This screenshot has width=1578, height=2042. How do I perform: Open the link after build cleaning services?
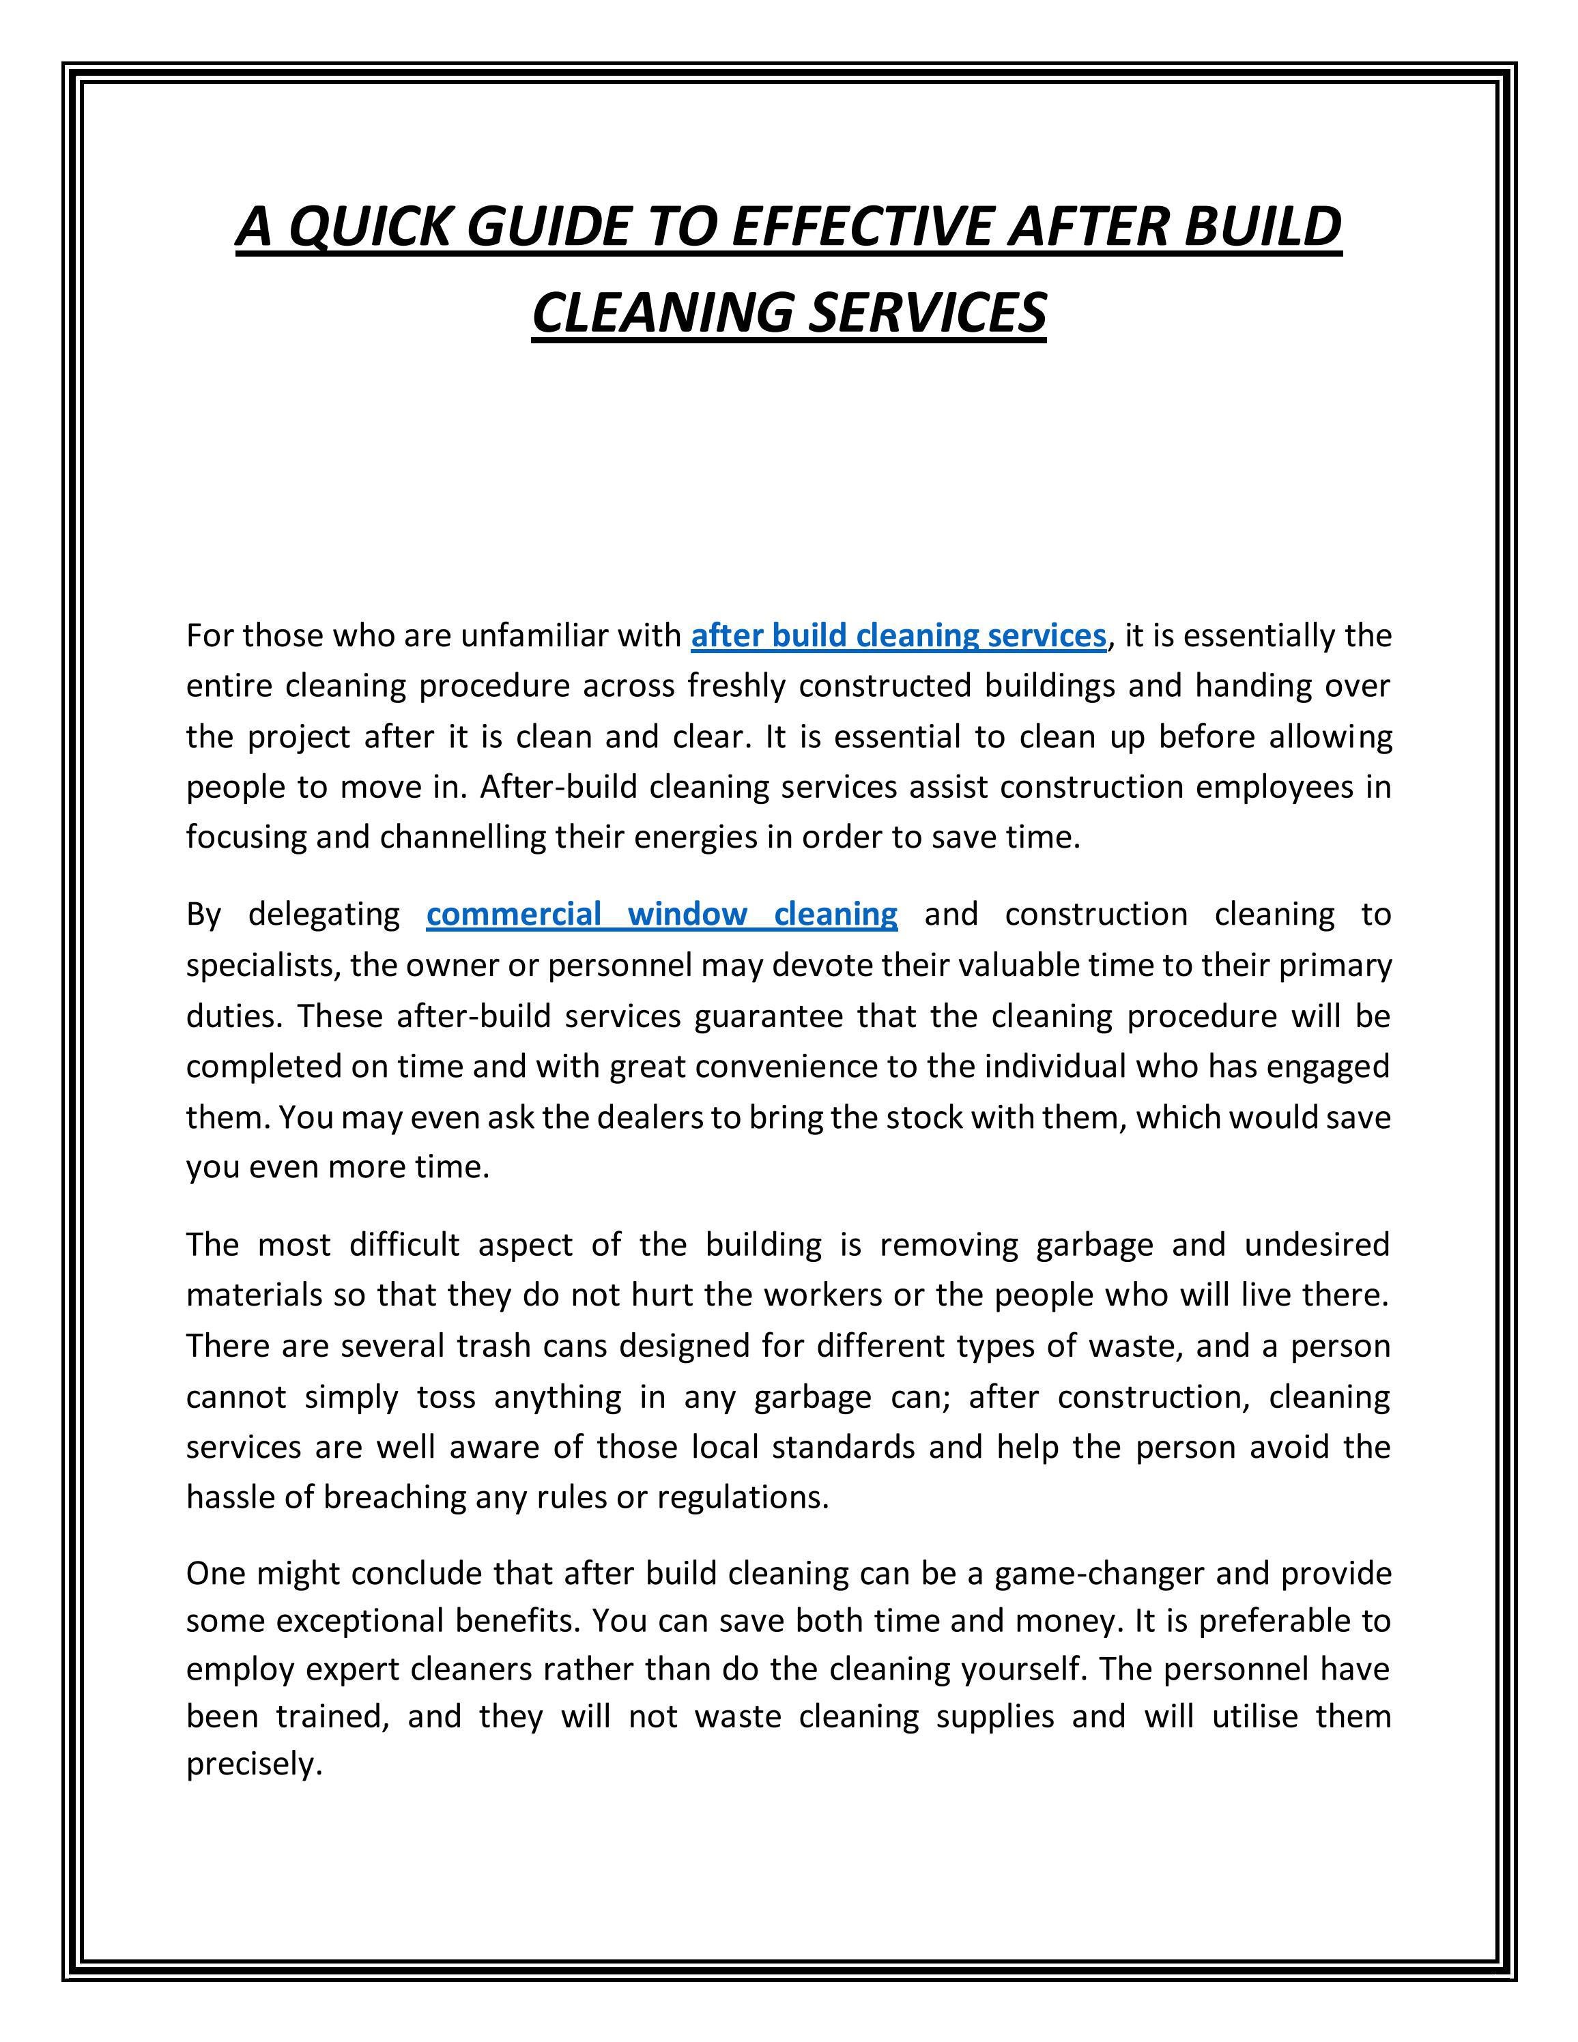[x=898, y=636]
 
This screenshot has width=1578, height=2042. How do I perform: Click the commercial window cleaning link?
[x=662, y=913]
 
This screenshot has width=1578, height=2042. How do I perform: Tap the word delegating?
[x=324, y=913]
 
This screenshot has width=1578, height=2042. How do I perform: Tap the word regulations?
[x=743, y=1498]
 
